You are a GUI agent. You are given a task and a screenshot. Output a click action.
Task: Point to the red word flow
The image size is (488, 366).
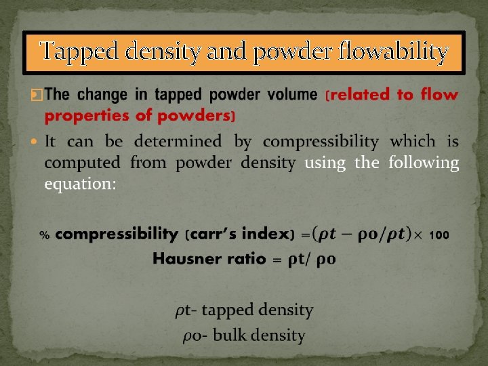pos(439,94)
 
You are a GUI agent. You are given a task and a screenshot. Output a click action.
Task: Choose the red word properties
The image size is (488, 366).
pos(87,115)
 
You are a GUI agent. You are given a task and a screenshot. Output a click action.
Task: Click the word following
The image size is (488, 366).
pos(424,163)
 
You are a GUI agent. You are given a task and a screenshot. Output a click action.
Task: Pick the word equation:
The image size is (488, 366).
pos(80,184)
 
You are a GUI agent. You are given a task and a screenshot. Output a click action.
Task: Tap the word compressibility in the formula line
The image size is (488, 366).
pos(117,235)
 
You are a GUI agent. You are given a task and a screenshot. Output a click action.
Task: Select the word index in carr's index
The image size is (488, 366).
pos(264,235)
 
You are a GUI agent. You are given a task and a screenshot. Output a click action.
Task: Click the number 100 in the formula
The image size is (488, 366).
pos(439,235)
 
